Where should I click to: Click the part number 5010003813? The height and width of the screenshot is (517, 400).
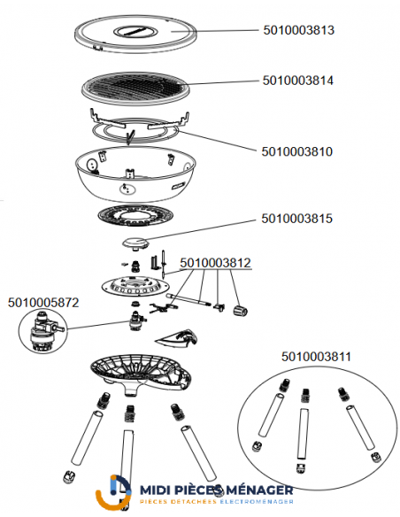(298, 30)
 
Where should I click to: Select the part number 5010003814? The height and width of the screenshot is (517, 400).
(298, 81)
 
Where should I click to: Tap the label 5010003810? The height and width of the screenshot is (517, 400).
(296, 151)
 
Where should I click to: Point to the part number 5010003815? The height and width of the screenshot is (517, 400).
(296, 219)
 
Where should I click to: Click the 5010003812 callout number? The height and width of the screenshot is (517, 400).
(215, 263)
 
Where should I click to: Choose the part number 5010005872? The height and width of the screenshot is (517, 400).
(43, 303)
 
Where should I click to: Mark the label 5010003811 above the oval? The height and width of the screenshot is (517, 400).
(316, 357)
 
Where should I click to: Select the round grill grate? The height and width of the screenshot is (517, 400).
(135, 88)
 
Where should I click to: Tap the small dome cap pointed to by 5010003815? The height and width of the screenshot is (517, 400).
(135, 243)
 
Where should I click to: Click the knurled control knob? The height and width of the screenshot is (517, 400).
(241, 310)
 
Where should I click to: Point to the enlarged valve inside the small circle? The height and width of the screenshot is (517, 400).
(42, 331)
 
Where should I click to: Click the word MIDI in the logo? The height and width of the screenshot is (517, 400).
(154, 490)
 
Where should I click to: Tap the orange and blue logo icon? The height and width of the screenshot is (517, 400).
(113, 492)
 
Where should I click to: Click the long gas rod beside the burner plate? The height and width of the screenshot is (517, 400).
(188, 299)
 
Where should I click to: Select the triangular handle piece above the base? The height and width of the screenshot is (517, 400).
(177, 338)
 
